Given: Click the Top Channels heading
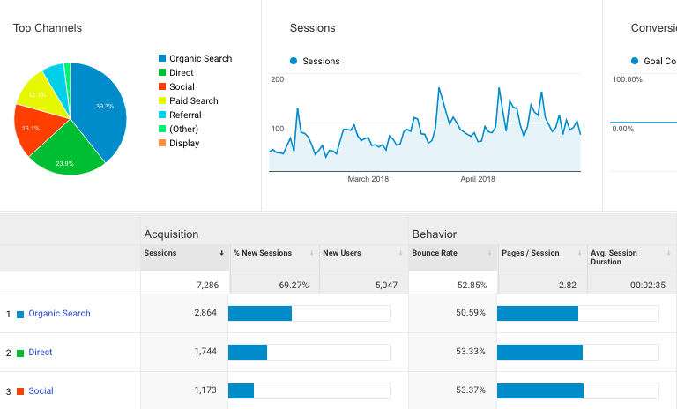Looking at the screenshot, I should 48,28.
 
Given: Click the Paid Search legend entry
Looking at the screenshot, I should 193,101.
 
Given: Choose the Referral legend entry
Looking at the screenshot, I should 185,115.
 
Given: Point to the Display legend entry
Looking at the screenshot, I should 184,144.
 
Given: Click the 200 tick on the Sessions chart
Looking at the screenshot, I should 277,80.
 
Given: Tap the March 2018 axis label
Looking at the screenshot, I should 368,179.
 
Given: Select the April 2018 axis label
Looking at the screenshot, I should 479,179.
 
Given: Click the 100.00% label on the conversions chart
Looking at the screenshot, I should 627,80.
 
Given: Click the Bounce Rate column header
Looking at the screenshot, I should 434,253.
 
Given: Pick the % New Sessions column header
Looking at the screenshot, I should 263,253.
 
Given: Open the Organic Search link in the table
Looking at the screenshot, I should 59,314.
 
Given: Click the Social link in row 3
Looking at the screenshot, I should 41,391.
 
